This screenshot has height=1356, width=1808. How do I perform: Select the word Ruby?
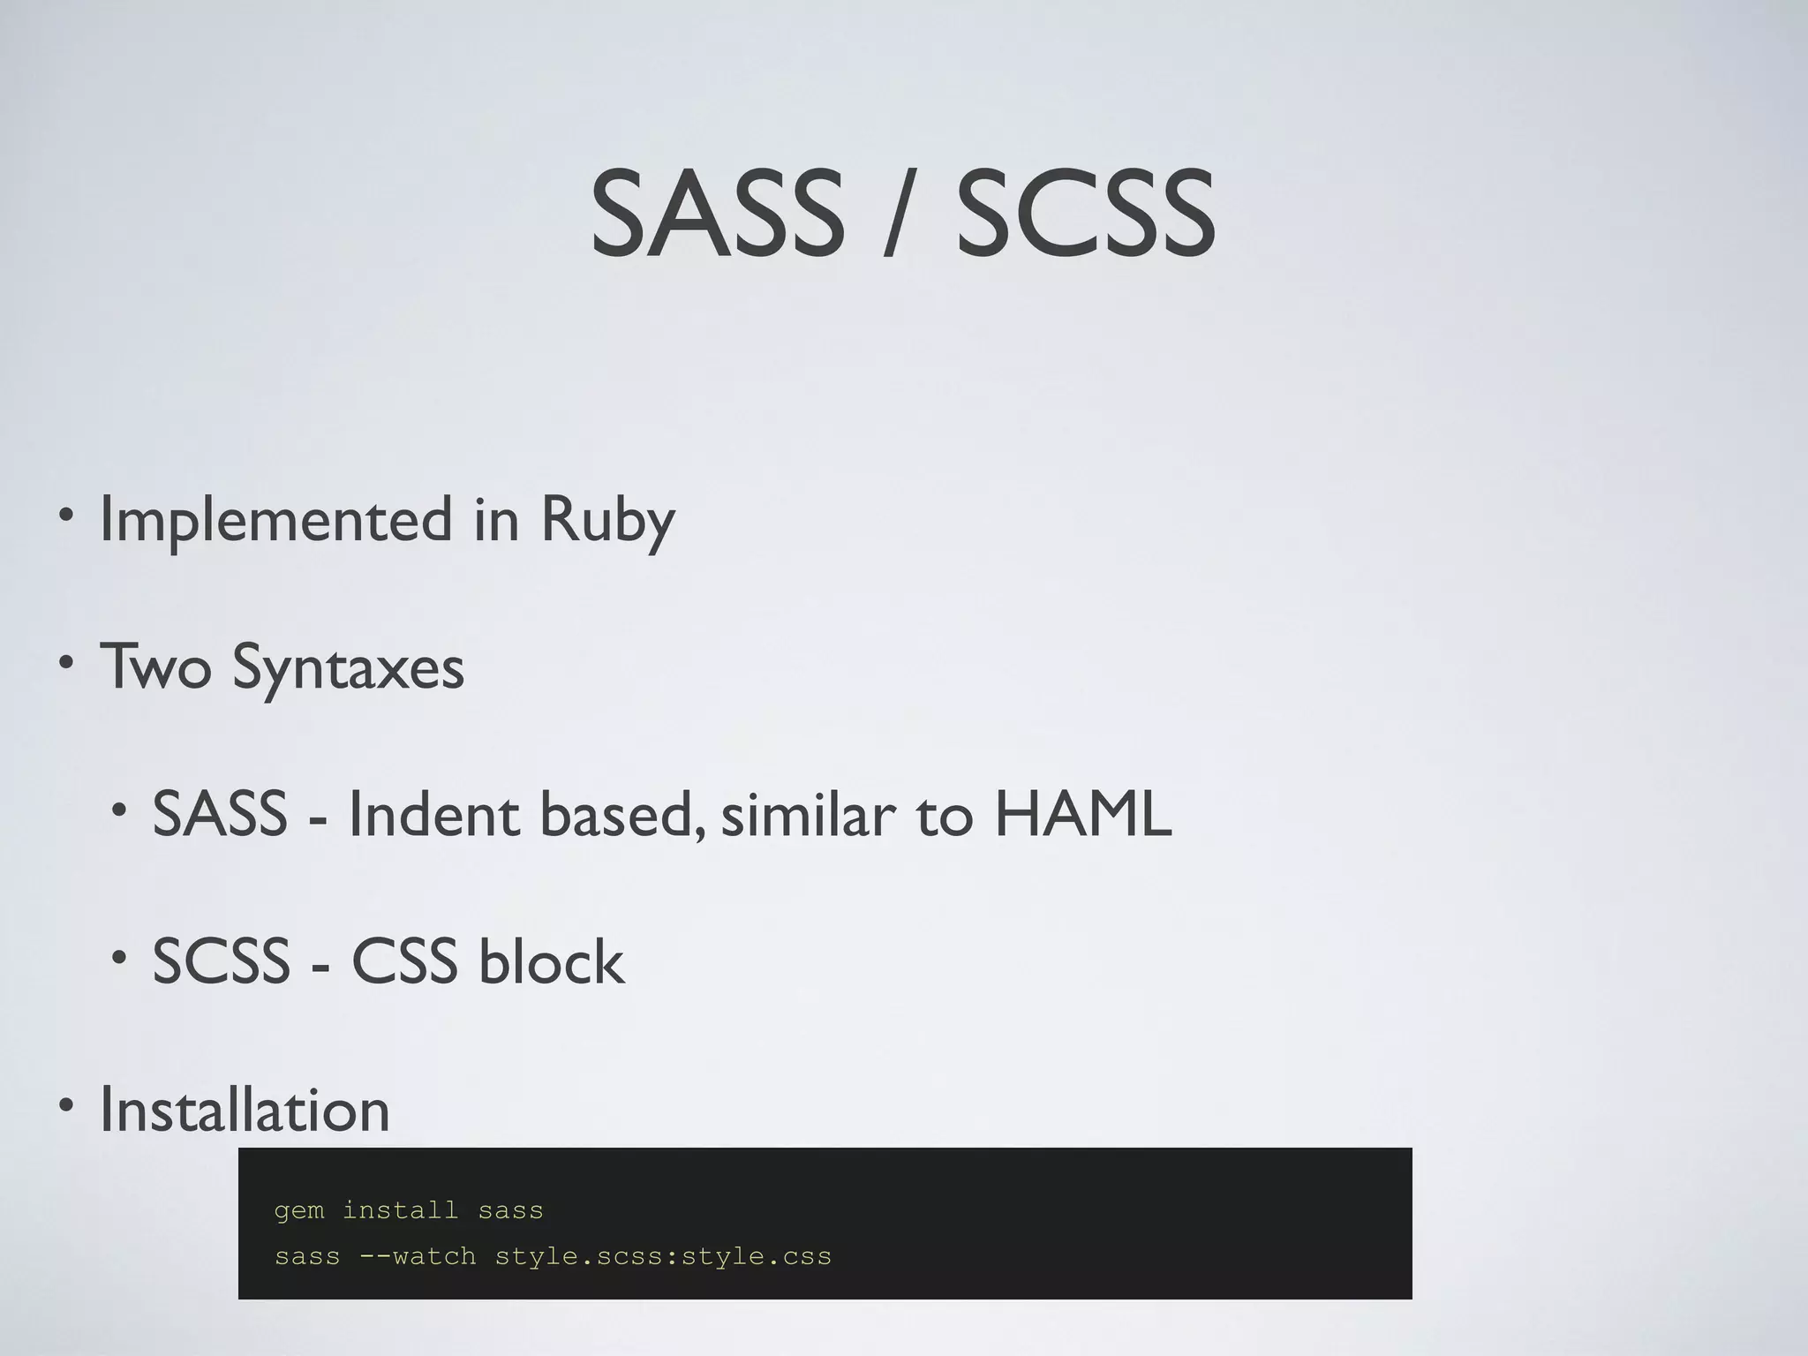click(x=607, y=521)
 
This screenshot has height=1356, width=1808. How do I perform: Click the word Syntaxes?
click(x=348, y=668)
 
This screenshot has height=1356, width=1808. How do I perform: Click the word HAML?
click(x=1083, y=814)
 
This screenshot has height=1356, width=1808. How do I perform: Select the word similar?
click(x=810, y=814)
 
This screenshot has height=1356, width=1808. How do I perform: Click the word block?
click(x=551, y=961)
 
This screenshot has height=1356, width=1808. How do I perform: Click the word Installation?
click(x=245, y=1110)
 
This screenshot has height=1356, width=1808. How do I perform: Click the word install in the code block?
click(x=400, y=1209)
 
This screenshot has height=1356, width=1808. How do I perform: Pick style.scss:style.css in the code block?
click(x=663, y=1255)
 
